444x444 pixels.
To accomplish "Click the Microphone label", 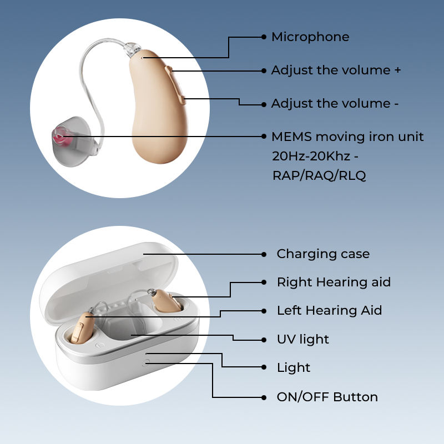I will (x=310, y=37).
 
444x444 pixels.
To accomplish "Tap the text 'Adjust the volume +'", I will (x=336, y=70).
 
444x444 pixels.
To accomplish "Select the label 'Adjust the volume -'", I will (x=335, y=104).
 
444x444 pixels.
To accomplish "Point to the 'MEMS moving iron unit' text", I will (x=347, y=137).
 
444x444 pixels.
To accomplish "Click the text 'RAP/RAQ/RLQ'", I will (x=319, y=175).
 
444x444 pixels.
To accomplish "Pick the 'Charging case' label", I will (x=323, y=254).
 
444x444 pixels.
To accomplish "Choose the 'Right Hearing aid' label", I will (x=334, y=282).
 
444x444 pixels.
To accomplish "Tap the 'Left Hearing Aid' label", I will (x=329, y=310).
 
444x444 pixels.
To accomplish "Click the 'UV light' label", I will (x=302, y=339).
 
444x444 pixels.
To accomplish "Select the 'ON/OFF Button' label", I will (x=327, y=397).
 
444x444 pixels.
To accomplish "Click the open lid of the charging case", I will (x=111, y=277).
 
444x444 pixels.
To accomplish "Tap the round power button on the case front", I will (x=146, y=362).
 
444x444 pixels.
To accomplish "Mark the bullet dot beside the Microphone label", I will (x=264, y=37).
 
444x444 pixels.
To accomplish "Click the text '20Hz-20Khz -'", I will (x=311, y=156).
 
